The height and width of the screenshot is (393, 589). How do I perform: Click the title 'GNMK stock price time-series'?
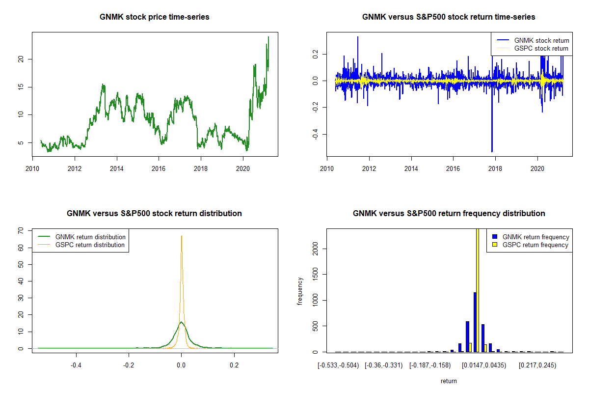pos(154,17)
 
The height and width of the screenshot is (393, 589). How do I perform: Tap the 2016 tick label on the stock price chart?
pos(159,168)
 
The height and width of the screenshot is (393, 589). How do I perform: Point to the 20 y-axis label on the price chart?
pos(21,59)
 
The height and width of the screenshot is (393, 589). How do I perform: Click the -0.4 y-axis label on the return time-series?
pos(316,134)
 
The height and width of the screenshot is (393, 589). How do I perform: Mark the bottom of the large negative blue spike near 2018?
pos(492,152)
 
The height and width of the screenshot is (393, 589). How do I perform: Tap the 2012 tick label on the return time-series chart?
pos(369,168)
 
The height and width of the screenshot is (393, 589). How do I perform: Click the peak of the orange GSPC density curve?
pos(182,236)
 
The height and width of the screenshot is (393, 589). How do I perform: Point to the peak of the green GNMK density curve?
pos(182,322)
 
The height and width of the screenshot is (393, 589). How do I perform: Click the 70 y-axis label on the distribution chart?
pos(21,230)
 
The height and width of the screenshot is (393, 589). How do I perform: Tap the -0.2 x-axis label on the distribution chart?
pos(129,365)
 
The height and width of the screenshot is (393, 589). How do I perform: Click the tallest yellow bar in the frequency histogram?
pos(478,290)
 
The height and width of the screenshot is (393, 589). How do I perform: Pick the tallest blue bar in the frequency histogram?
pos(475,322)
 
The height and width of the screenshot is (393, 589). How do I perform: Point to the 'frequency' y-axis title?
pos(300,291)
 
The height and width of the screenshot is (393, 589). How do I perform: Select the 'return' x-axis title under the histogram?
pos(449,381)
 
